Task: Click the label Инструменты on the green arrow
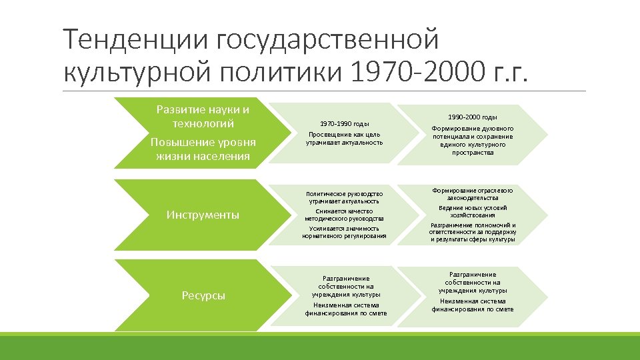pos(203,215)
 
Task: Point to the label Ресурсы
pos(203,295)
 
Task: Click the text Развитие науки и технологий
pos(203,116)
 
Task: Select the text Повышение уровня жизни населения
pos(203,149)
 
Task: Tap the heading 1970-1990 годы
pos(344,123)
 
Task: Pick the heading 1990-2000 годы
pos(473,117)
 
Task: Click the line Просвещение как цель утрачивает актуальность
pos(344,139)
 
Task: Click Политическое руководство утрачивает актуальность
pos(344,197)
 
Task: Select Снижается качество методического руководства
pos(344,215)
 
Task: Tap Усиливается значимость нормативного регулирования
pos(344,232)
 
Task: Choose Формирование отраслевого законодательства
pos(473,194)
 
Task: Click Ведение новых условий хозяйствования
pos(473,211)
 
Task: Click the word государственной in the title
pos(327,40)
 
